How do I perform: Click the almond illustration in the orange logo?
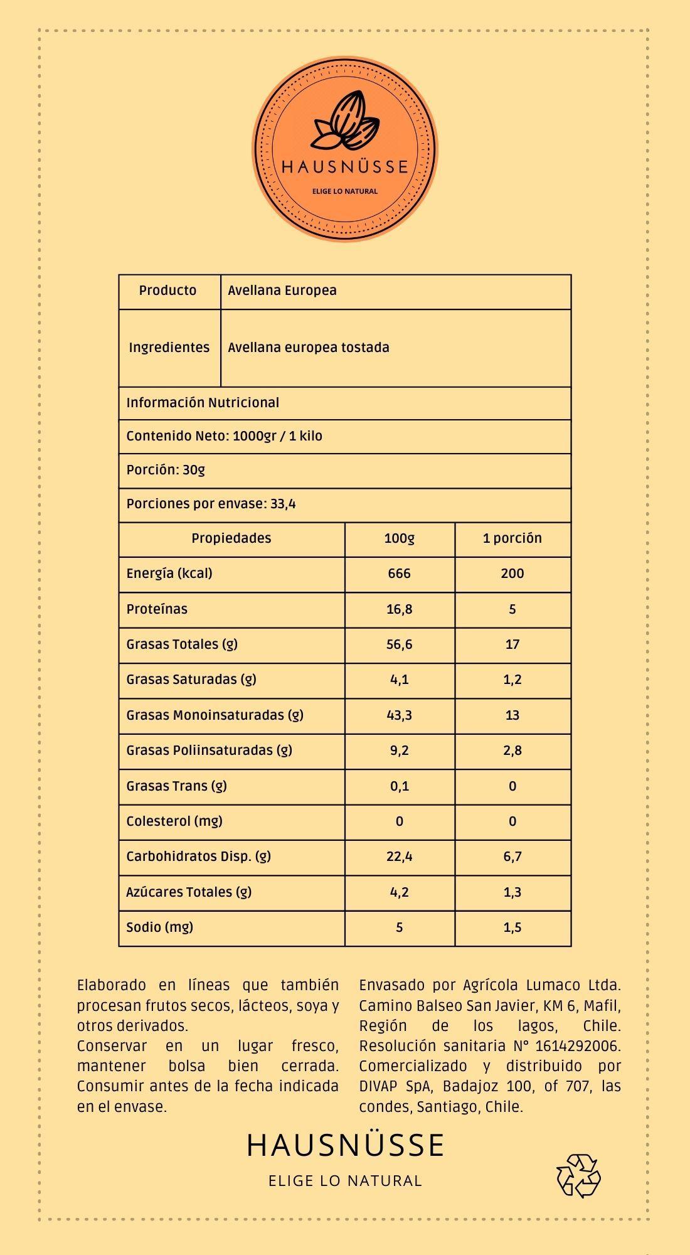pyautogui.click(x=347, y=122)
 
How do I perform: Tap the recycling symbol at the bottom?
pyautogui.click(x=578, y=1175)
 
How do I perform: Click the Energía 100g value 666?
pyautogui.click(x=399, y=574)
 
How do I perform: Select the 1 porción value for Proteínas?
pyautogui.click(x=512, y=609)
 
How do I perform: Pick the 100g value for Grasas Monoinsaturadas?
pyautogui.click(x=399, y=715)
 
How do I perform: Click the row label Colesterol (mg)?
pyautogui.click(x=174, y=821)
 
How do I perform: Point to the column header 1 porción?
pyautogui.click(x=512, y=538)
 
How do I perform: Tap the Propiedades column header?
pyautogui.click(x=231, y=538)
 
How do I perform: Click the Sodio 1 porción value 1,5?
pyautogui.click(x=512, y=927)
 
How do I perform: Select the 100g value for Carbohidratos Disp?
pyautogui.click(x=399, y=857)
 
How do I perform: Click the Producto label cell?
pyautogui.click(x=167, y=291)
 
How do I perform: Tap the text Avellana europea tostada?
pyautogui.click(x=308, y=348)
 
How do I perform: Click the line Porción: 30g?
pyautogui.click(x=166, y=470)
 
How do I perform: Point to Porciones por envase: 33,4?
pyautogui.click(x=211, y=504)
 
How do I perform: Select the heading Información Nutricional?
pyautogui.click(x=203, y=403)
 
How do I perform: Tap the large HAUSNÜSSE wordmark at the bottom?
pyautogui.click(x=345, y=1145)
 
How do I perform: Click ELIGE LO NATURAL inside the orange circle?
pyautogui.click(x=345, y=191)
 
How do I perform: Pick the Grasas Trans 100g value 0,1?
pyautogui.click(x=399, y=786)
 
